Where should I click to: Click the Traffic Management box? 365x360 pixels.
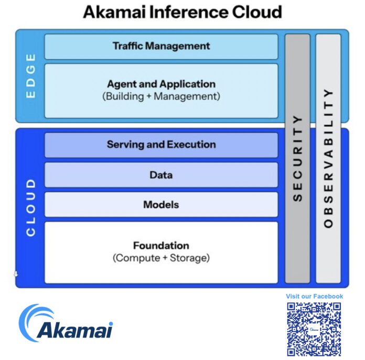[x=161, y=47]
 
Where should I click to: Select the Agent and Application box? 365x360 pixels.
[x=161, y=90]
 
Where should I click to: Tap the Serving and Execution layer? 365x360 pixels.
[x=161, y=145]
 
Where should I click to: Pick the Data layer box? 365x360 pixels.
[x=161, y=174]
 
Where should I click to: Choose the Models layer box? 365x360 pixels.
[x=161, y=204]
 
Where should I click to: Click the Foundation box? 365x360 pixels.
[x=161, y=252]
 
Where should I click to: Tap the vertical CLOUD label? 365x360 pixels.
[x=31, y=206]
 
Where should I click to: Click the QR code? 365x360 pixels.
[x=314, y=329]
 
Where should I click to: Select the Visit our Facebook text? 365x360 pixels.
[x=314, y=296]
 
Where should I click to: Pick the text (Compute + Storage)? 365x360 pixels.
[x=161, y=258]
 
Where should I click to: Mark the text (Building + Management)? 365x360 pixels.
[x=161, y=96]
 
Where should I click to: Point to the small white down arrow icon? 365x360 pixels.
[x=16, y=274]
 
